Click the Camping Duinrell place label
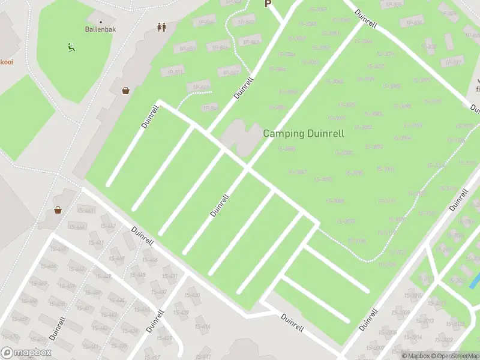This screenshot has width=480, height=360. click(304, 133)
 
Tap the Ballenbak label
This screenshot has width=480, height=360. click(100, 29)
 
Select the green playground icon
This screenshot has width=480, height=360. click(70, 47)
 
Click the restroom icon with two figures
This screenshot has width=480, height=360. click(161, 27)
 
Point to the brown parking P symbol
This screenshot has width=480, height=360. click(268, 4)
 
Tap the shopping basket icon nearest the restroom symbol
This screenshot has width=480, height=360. click(126, 91)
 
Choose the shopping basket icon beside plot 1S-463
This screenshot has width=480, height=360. click(58, 210)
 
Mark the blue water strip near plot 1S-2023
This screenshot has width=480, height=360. click(474, 280)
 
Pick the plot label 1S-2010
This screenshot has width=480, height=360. click(413, 295)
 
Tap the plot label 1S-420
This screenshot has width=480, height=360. click(192, 295)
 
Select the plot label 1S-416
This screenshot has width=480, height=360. click(202, 326)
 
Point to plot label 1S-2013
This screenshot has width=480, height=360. click(424, 320)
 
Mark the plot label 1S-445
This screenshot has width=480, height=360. click(137, 275)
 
